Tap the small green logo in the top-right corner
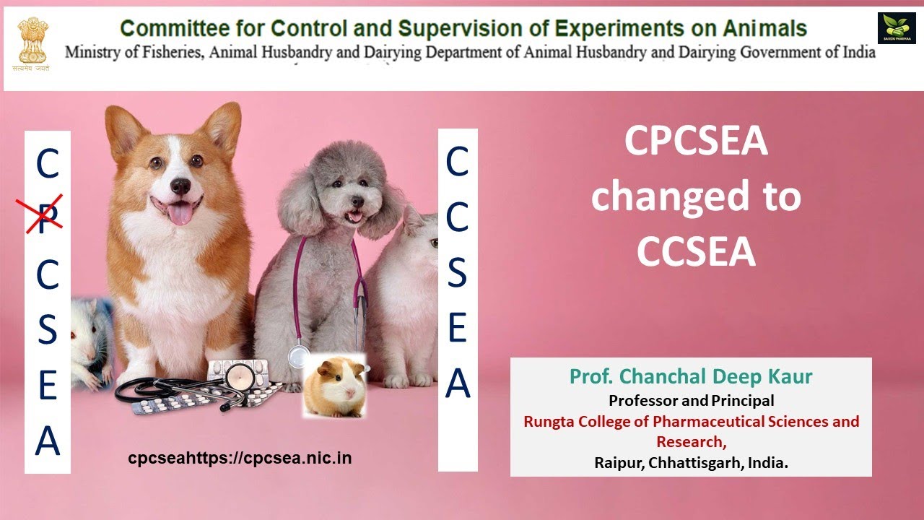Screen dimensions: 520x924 tap(896, 28)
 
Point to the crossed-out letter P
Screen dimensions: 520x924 tap(45, 214)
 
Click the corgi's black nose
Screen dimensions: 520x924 tap(180, 186)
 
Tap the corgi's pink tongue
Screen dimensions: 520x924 tap(180, 212)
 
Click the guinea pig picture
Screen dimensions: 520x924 tap(333, 385)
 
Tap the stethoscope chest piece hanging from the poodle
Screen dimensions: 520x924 tap(297, 357)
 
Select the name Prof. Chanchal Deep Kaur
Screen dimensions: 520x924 tap(691, 376)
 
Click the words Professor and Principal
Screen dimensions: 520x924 tap(691, 400)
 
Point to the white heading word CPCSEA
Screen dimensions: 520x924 tap(696, 140)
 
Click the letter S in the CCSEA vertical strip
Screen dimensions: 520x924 tap(458, 272)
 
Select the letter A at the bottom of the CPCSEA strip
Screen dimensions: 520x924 tap(48, 440)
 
